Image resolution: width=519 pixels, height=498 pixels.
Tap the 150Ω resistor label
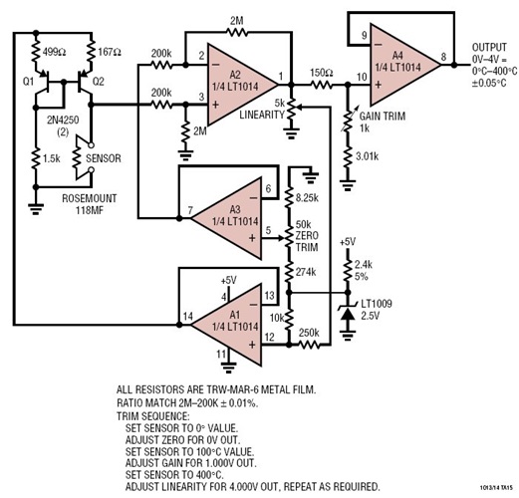coord(320,74)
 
